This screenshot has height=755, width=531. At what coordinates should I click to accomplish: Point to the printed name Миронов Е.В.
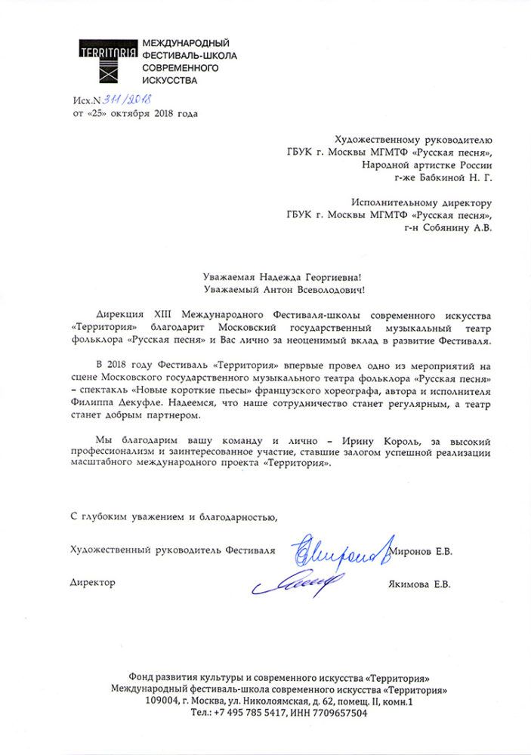tap(424, 553)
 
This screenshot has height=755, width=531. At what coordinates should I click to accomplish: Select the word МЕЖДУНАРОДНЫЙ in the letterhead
tap(186, 43)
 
